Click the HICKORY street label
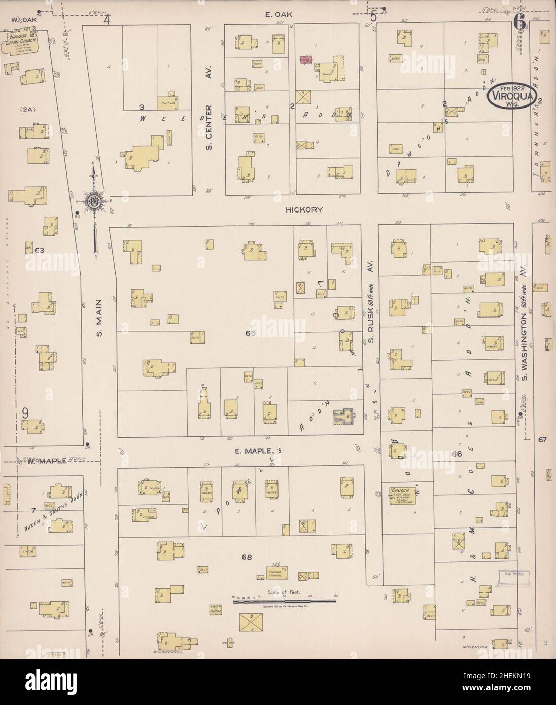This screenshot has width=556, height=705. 303,209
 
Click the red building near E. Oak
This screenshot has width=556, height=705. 306,60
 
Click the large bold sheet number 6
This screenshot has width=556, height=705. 518,22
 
